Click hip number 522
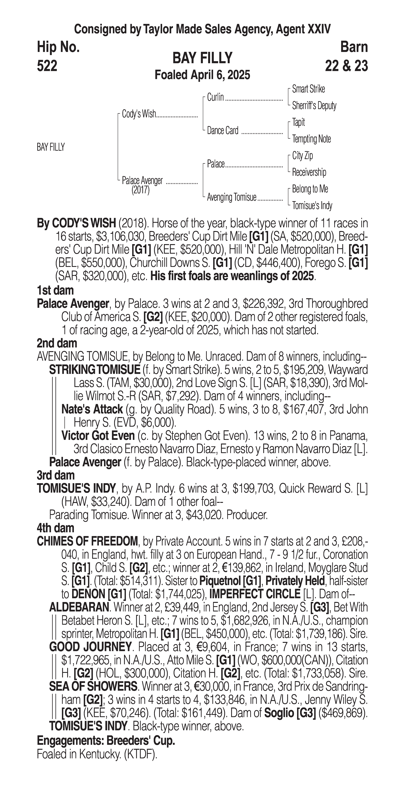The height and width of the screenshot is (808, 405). tap(47, 66)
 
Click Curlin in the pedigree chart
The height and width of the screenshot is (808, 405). tap(215, 97)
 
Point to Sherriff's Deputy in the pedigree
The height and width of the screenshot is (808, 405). tap(314, 106)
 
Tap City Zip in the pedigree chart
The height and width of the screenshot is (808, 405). tap(302, 156)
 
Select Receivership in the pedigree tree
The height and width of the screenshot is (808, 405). tap(309, 172)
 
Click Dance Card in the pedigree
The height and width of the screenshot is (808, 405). tap(223, 130)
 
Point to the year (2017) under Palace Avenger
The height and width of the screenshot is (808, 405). tap(140, 190)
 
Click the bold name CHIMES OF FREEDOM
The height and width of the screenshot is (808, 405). tap(87, 541)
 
